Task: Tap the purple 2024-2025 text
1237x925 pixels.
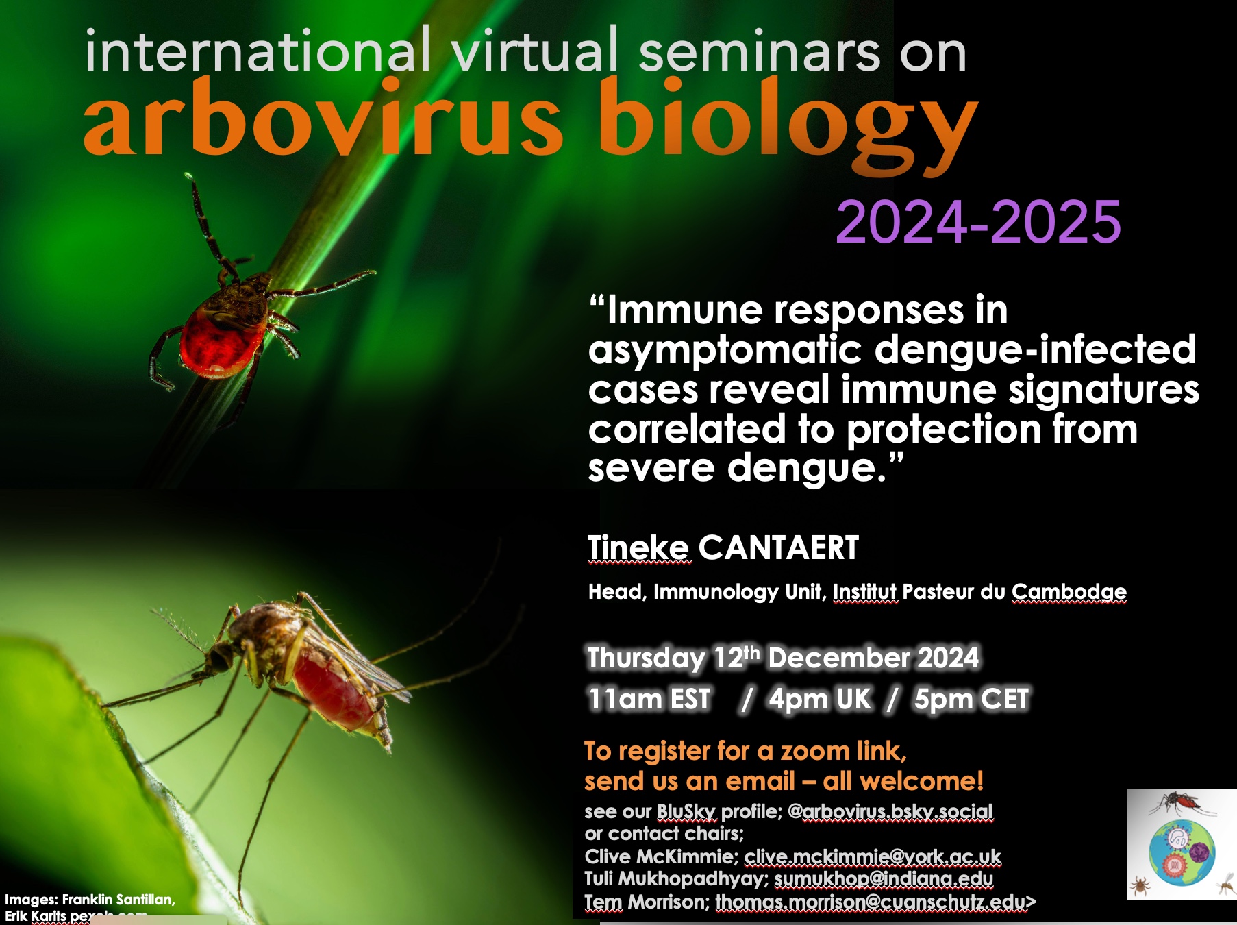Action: point(978,222)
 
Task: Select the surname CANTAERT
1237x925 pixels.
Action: point(779,548)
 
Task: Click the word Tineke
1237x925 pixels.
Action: point(638,548)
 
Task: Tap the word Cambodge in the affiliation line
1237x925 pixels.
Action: point(1069,592)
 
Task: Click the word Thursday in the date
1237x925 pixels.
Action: point(646,658)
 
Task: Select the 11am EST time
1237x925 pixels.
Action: point(649,700)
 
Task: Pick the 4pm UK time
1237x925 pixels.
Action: point(820,700)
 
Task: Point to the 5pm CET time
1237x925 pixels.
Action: point(971,700)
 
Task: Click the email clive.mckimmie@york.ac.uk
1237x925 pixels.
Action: point(873,857)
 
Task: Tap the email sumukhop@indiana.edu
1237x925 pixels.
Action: point(884,879)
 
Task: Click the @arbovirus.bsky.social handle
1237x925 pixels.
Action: point(890,812)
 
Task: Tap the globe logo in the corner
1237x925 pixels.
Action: point(1182,844)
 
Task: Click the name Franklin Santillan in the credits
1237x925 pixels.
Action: point(118,900)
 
